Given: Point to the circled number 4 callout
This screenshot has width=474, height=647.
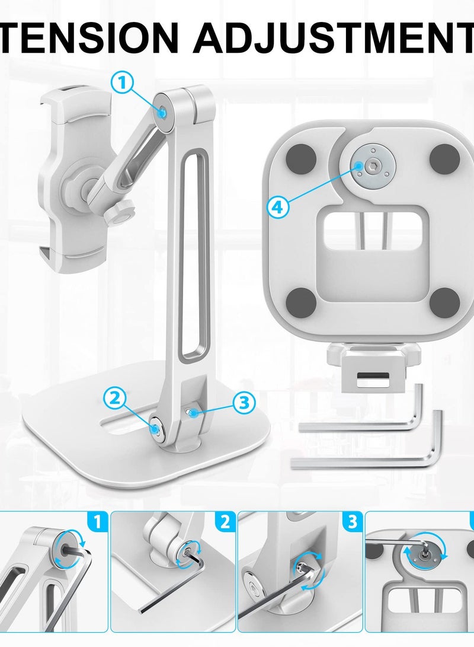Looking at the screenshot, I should [x=278, y=206].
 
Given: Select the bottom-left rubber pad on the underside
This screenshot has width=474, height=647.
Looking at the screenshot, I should [x=302, y=299].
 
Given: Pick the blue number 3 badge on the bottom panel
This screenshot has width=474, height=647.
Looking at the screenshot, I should [x=352, y=522].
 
